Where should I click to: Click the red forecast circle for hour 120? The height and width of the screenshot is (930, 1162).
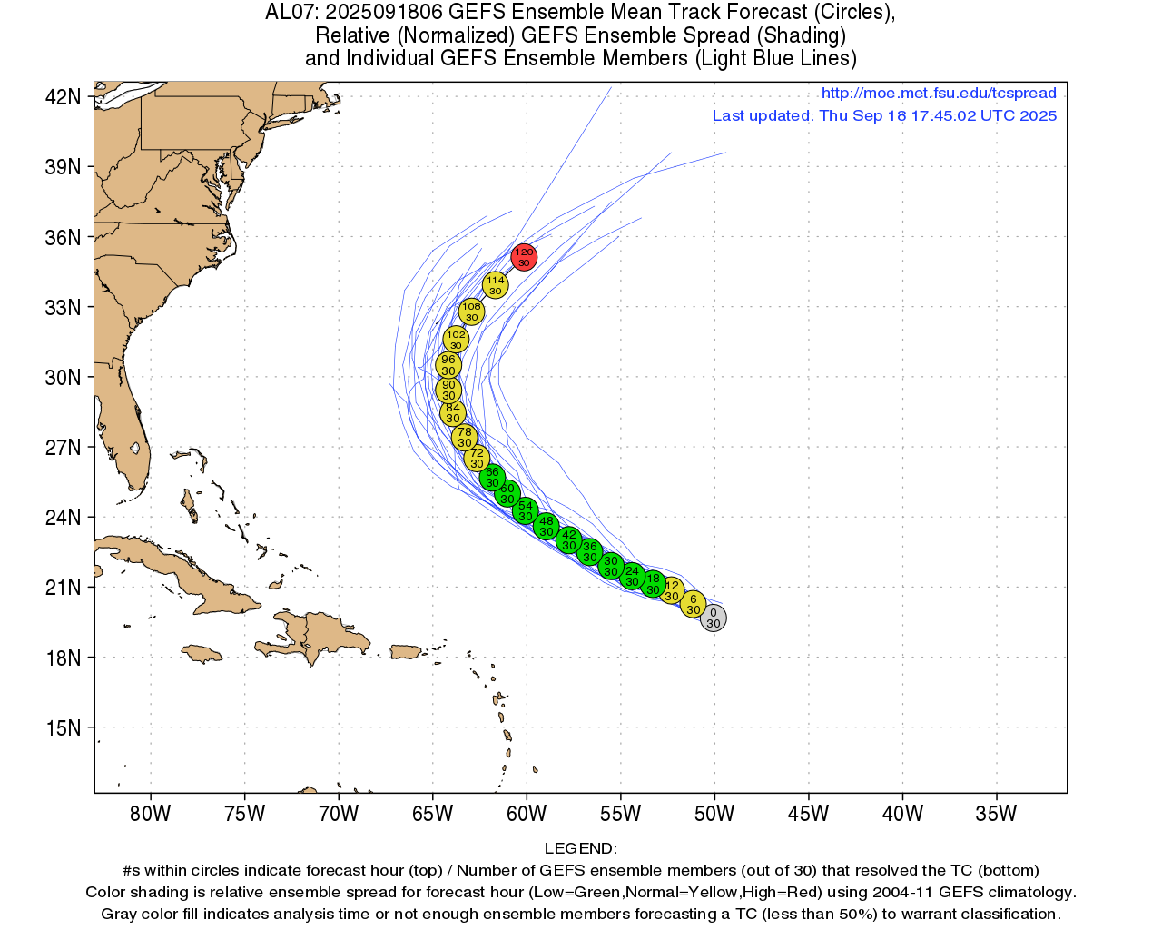[524, 257]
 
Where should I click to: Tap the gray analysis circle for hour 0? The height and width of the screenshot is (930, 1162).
[713, 618]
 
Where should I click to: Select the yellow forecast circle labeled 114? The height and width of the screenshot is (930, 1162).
[495, 285]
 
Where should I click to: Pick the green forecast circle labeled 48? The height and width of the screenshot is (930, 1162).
[546, 526]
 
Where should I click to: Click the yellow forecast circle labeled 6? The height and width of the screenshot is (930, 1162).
[693, 604]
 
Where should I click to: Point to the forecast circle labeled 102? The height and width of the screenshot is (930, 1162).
[456, 340]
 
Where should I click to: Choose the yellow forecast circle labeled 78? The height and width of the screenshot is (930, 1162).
[464, 437]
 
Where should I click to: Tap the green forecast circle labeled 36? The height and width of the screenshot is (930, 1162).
[590, 551]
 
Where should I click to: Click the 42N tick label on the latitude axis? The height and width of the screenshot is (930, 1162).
[64, 97]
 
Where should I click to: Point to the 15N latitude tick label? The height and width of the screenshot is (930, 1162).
[64, 728]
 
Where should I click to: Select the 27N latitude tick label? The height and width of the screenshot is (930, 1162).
[64, 448]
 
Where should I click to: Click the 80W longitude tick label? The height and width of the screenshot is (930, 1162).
[150, 814]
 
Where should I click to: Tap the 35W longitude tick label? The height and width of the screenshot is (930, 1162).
[996, 814]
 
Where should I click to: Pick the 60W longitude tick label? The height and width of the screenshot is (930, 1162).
[527, 814]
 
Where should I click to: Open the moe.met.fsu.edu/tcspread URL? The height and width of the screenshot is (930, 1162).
[939, 93]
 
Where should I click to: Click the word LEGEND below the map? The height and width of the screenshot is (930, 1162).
[580, 849]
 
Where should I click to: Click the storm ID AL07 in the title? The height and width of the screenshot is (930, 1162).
[290, 13]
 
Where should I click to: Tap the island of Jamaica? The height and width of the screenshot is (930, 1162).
[202, 652]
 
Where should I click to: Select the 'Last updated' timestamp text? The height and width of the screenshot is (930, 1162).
[884, 115]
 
